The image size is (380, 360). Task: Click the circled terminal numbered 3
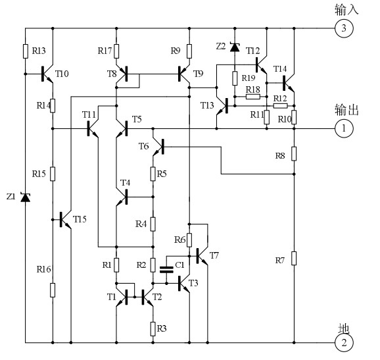click(344, 28)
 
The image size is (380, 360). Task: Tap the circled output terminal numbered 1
click(344, 128)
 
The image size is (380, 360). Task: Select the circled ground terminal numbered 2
click(344, 343)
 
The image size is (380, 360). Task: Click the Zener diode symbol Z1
click(26, 197)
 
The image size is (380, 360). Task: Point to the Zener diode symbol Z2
click(235, 47)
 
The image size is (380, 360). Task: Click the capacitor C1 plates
click(166, 270)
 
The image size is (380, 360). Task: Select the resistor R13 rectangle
click(26, 51)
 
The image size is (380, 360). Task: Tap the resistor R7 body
click(294, 259)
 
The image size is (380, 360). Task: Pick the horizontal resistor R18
click(253, 97)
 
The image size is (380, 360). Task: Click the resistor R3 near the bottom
click(153, 329)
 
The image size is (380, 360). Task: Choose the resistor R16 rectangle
click(53, 290)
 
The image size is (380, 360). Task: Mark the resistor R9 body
click(189, 51)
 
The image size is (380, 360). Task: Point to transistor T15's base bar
click(61, 220)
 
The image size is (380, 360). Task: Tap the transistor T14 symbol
click(289, 83)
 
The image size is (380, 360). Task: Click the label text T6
click(143, 146)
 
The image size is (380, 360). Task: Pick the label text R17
click(105, 51)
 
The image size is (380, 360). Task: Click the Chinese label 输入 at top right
click(346, 10)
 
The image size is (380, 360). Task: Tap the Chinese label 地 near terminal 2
click(344, 328)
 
